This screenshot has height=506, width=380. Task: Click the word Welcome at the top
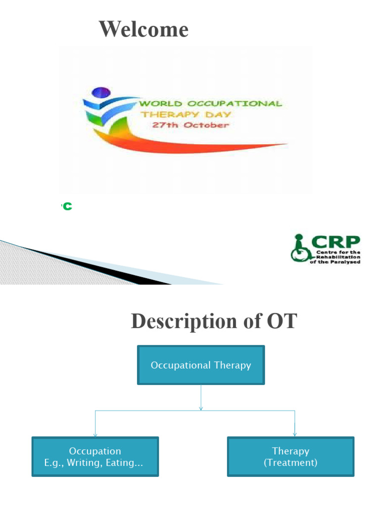point(143,29)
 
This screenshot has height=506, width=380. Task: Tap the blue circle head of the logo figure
point(101,92)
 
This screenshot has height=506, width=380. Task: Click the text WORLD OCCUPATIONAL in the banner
point(210,104)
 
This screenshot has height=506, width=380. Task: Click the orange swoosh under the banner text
point(198,143)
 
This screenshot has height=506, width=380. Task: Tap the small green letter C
point(67,207)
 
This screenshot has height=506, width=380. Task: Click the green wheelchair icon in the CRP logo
point(300,250)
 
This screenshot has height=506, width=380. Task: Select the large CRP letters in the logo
point(336,243)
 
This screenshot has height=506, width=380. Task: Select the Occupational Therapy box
point(200,365)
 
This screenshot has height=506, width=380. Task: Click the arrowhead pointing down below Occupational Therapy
point(201,408)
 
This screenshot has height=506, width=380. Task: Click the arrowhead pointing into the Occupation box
point(95,434)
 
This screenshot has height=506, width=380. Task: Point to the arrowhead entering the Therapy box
point(295,434)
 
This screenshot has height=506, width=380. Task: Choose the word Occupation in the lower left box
point(95,451)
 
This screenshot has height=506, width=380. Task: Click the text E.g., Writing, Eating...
point(95,463)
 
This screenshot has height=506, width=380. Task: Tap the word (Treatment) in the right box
point(290,463)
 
